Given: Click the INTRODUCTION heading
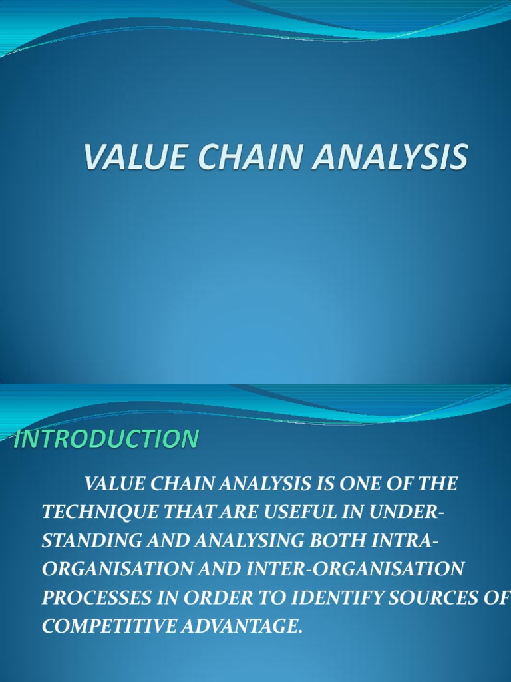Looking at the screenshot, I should click(106, 440).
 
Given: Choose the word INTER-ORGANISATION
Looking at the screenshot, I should click(359, 569).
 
